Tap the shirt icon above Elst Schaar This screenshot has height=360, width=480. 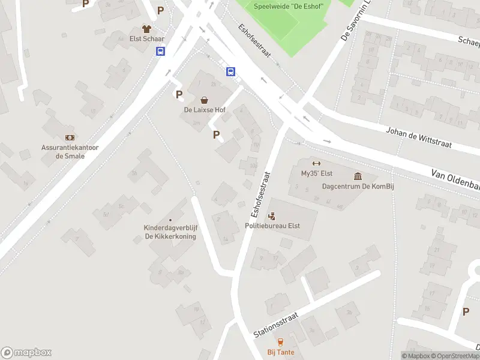tap(146, 28)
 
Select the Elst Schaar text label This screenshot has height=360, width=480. tap(146, 39)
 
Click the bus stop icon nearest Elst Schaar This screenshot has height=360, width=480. tap(161, 52)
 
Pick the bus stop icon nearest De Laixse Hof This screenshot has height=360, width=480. tap(230, 72)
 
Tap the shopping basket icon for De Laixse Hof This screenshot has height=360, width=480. tap(204, 100)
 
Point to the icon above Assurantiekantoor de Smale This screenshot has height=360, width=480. tap(70, 137)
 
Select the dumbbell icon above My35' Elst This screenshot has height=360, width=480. tap(316, 163)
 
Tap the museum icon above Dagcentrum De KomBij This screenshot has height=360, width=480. tap(358, 176)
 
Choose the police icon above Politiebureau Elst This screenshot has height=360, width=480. tap(272, 215)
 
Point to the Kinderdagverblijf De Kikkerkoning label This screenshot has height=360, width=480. tap(170, 232)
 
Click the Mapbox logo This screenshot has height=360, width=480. tap(26, 352)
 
